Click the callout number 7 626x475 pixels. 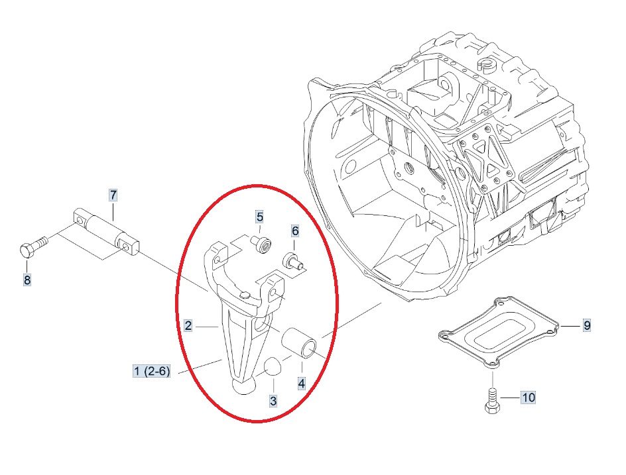point(114,195)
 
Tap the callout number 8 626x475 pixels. point(27,280)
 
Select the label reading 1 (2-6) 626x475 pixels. point(152,371)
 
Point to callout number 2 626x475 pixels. point(188,326)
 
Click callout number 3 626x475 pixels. point(273,400)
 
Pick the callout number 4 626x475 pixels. point(302,384)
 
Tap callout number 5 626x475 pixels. point(260,217)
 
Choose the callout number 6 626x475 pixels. point(296,231)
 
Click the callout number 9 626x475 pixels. point(586,325)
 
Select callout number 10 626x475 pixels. point(528,397)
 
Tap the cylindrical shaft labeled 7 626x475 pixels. point(107,232)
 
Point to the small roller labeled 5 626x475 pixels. point(262,243)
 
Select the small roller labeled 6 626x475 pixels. point(293,261)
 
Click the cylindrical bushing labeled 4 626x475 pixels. point(300,343)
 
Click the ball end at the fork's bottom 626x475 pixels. point(243,386)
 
